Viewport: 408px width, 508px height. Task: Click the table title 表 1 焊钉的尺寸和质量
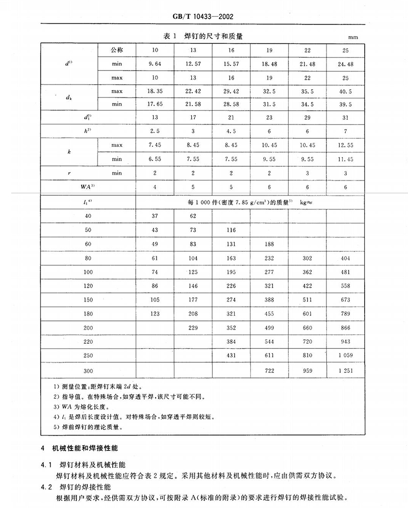tap(203, 36)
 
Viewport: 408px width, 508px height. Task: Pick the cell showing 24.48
tap(346, 63)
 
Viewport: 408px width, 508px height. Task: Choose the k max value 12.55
tap(346, 145)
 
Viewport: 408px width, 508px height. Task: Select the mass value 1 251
tap(346, 370)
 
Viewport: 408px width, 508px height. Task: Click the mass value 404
tap(346, 259)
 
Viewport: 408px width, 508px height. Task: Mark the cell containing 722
tap(269, 370)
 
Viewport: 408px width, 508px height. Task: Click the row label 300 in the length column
tap(89, 370)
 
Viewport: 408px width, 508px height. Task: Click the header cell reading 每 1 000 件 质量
tap(249, 202)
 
